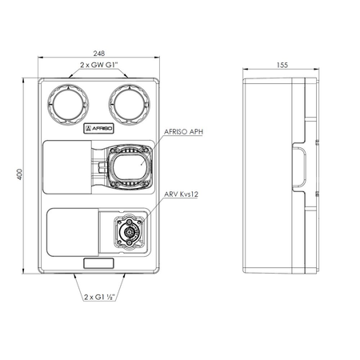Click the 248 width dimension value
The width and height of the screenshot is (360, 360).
coord(98,54)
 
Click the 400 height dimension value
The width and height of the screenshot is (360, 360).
coord(20,174)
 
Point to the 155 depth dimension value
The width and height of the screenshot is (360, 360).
coord(282,65)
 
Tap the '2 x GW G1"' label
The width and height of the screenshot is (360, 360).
coord(99,65)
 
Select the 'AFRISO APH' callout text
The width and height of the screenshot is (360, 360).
coord(183,132)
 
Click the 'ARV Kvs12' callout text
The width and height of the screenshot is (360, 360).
coord(181,194)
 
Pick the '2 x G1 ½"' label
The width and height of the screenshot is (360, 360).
coord(99,297)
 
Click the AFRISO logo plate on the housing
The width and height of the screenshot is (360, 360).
coord(98,129)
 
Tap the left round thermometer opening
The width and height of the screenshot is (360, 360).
coord(68,104)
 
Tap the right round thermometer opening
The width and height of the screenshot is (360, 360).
coord(130,104)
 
